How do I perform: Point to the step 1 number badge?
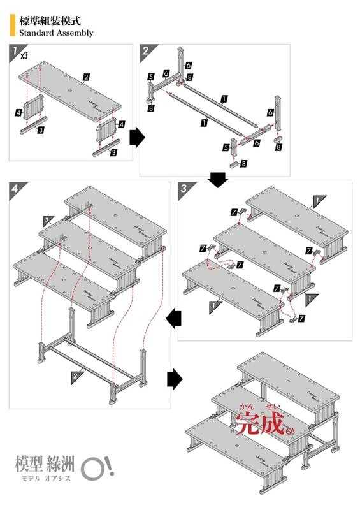[x=14, y=50]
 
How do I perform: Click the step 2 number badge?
[x=145, y=50]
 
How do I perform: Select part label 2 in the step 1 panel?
[x=85, y=78]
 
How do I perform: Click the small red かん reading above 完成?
[x=247, y=406]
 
